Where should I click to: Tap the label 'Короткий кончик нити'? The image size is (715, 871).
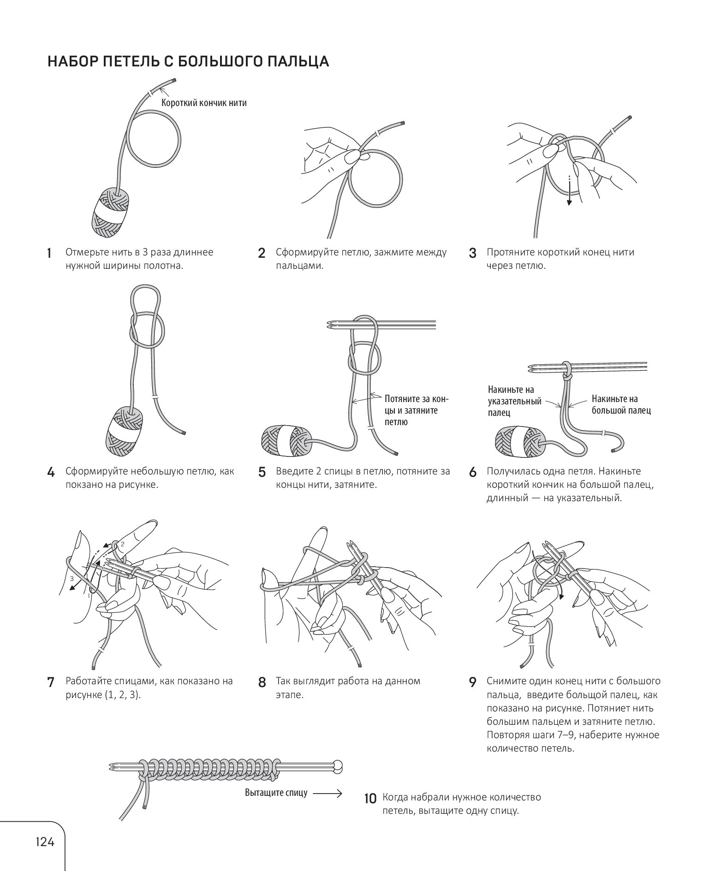pyautogui.click(x=204, y=103)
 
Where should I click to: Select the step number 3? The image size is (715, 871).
pyautogui.click(x=472, y=253)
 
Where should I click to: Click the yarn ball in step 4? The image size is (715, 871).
pyautogui.click(x=124, y=429)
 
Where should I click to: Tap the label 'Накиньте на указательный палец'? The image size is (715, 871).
pyautogui.click(x=514, y=401)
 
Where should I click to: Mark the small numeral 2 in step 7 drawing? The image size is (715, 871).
pyautogui.click(x=123, y=544)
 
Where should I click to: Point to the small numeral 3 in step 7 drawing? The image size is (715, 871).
pyautogui.click(x=72, y=578)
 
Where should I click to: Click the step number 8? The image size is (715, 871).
pyautogui.click(x=262, y=682)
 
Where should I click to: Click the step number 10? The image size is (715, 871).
pyautogui.click(x=370, y=799)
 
